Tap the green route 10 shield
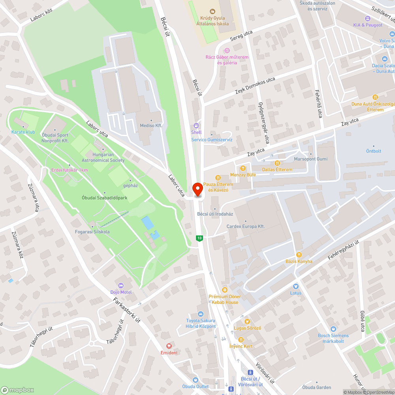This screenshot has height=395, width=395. (200, 238)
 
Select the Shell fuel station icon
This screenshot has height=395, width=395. (196, 126)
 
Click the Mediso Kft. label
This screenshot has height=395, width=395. (151, 125)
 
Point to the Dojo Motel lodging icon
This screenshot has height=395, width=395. (121, 286)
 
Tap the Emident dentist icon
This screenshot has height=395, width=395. (169, 346)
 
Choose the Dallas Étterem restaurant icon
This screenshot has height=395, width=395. (277, 163)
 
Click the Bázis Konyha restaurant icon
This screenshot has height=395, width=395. (299, 255)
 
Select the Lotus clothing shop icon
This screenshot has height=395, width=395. (295, 286)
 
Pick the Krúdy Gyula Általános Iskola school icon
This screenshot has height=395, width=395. (213, 11)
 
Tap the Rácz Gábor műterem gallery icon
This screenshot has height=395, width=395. (227, 51)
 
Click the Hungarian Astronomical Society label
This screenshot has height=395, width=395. (103, 158)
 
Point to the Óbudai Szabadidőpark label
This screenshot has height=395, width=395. (104, 197)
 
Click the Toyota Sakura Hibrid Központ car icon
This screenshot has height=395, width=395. (201, 314)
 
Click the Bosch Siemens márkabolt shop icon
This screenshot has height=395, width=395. (333, 329)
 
